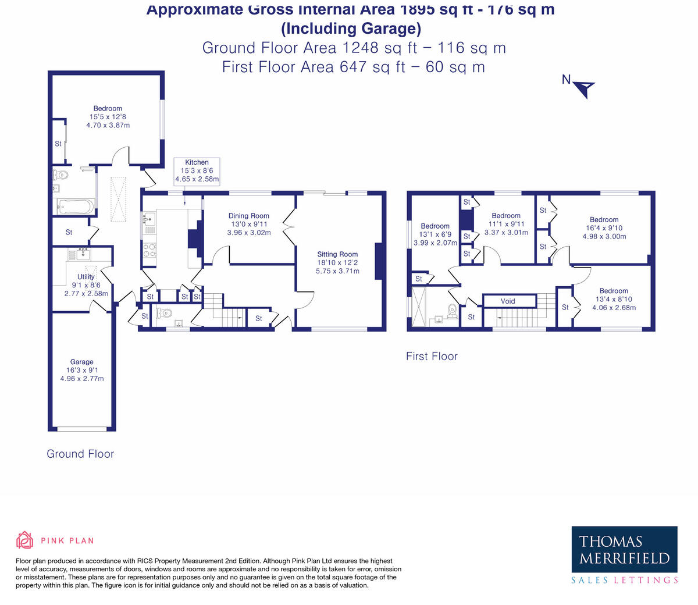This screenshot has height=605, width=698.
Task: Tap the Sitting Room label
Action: (x=337, y=254)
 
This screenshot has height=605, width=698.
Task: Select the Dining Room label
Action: (x=248, y=215)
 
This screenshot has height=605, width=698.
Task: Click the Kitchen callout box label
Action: (x=197, y=162)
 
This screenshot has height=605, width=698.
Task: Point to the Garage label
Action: (x=81, y=362)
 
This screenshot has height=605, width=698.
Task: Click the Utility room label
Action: (x=86, y=277)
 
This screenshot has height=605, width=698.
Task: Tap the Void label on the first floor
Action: (x=508, y=301)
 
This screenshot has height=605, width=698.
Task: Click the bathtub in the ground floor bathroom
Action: (x=75, y=207)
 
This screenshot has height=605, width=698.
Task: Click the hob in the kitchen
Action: (x=149, y=250)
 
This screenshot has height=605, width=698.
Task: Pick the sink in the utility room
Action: (x=83, y=254)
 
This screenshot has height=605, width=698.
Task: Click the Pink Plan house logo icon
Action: (x=24, y=540)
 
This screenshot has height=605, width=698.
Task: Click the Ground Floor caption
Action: (x=80, y=454)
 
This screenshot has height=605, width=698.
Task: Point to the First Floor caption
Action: (x=432, y=356)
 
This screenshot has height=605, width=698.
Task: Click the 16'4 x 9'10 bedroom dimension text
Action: (x=604, y=228)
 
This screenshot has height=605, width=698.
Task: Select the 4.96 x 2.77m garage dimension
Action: (x=82, y=379)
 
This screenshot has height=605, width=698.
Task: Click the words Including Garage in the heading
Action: (x=351, y=29)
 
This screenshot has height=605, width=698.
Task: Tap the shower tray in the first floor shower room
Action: (x=419, y=307)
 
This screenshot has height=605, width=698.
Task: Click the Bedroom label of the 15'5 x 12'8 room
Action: (x=108, y=108)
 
